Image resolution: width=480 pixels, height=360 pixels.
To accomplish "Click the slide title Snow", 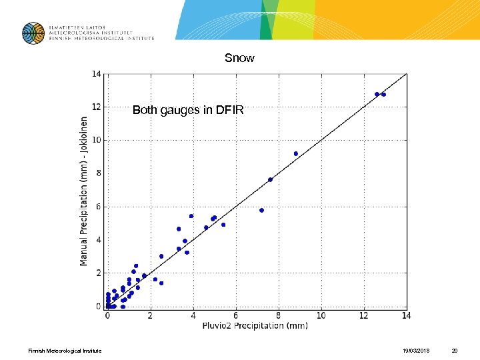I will (239, 59).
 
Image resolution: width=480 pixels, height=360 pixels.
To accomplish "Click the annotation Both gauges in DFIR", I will (188, 110).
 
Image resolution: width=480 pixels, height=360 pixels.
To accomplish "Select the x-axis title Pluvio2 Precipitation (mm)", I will (255, 326).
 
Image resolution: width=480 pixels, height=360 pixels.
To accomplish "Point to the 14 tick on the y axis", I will (96, 74).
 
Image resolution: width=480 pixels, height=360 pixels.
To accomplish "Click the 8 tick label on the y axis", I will (98, 173).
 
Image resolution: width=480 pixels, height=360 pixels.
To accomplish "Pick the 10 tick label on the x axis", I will (321, 315).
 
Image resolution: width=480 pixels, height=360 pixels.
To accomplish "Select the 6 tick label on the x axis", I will (236, 315).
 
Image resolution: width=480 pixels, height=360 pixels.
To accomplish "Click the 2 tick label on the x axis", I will (151, 315).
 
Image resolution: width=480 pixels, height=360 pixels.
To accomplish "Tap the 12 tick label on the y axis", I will (96, 107).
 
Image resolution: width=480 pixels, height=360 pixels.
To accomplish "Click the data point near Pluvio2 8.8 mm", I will (296, 153).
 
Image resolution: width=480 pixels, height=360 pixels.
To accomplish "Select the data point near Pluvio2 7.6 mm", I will (270, 179).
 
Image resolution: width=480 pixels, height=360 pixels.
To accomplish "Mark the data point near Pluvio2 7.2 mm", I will (261, 210).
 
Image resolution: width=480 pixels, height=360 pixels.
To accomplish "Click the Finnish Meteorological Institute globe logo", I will (33, 33).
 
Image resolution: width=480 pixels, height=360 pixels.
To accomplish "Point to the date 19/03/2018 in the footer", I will (416, 351).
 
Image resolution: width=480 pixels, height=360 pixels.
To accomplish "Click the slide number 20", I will (455, 351).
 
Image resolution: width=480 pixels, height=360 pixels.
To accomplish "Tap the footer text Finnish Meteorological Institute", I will (65, 351).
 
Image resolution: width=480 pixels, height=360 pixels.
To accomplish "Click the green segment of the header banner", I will (267, 20).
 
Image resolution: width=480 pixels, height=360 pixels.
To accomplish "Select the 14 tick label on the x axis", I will (406, 315).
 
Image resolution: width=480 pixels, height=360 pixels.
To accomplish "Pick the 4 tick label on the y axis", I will (98, 240).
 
